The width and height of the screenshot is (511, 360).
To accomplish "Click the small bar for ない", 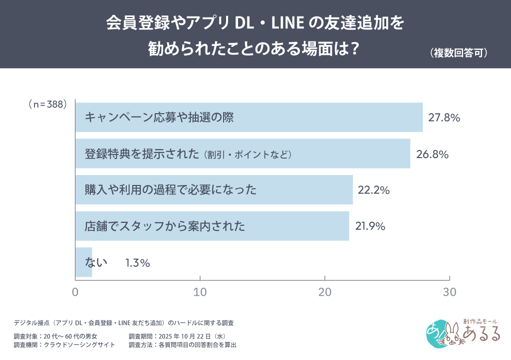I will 83,262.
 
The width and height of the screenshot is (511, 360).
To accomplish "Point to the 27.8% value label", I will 444,118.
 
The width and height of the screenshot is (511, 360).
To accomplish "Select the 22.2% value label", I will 373,190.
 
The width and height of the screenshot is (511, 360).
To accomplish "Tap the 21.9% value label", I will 370,226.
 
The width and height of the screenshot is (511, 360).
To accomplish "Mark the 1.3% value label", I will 138,263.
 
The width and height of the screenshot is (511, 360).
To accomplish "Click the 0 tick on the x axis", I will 75,293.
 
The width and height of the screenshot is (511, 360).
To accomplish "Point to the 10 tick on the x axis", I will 200,293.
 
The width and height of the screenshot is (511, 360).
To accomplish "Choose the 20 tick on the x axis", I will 325,293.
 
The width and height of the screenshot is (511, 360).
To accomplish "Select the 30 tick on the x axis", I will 450,293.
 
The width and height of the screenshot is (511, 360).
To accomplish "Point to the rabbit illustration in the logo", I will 450,334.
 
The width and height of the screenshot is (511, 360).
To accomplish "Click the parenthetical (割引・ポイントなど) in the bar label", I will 248,155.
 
